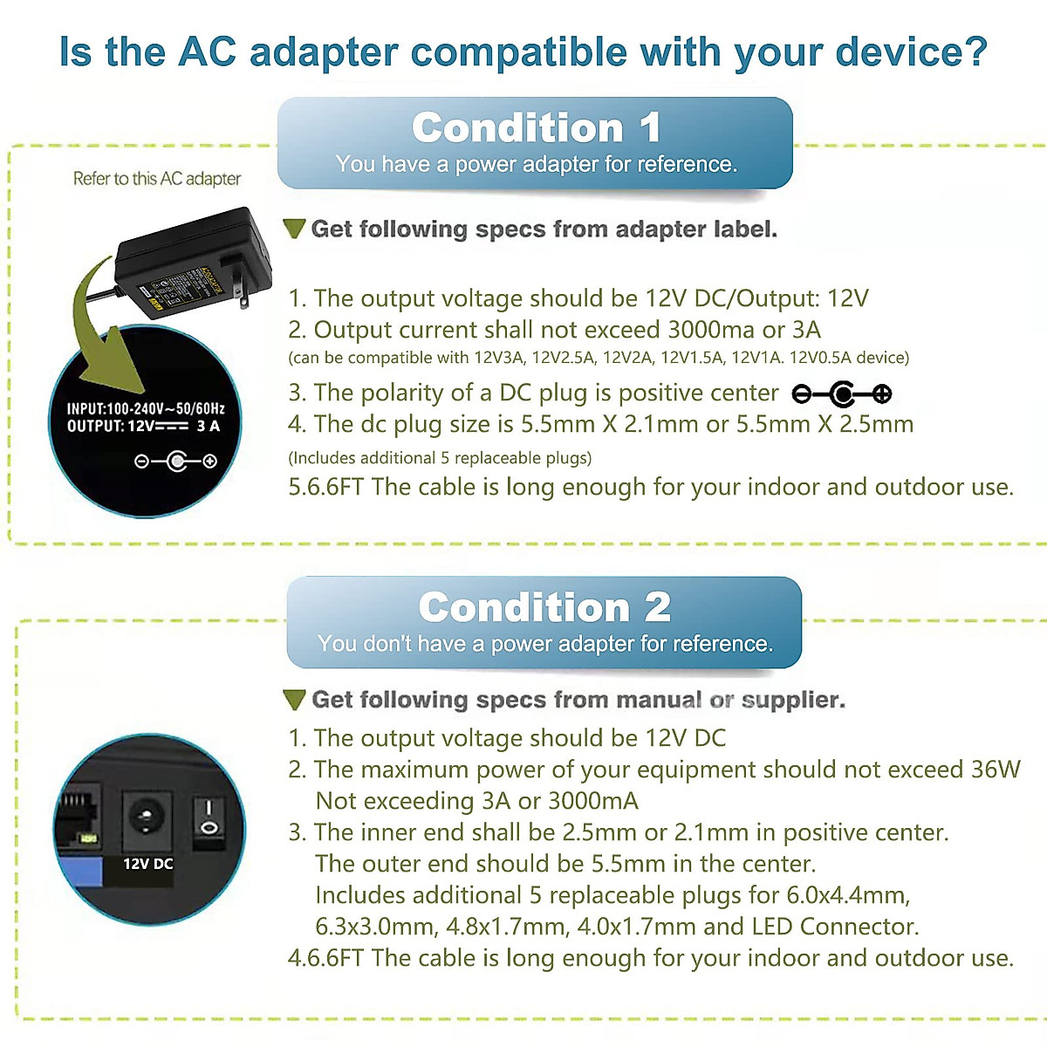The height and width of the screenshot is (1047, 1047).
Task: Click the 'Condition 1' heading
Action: click(535, 128)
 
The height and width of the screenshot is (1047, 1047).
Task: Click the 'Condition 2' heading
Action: click(544, 607)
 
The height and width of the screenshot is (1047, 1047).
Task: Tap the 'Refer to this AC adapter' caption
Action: click(157, 179)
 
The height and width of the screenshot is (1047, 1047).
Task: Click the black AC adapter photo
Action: click(188, 262)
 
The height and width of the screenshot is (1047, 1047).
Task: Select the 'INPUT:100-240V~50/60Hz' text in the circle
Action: click(146, 408)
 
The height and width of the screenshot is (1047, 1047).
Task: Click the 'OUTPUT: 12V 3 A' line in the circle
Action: click(144, 426)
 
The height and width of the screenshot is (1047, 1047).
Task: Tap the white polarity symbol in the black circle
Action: click(175, 461)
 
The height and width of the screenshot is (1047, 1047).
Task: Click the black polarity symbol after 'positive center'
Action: click(842, 394)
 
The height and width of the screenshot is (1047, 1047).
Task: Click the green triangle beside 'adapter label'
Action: click(295, 229)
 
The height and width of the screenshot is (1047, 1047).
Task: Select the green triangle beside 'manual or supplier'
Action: click(295, 700)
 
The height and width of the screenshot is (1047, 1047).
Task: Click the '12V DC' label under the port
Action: click(147, 864)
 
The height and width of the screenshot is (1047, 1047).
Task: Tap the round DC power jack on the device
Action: click(146, 818)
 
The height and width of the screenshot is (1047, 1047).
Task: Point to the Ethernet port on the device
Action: click(79, 816)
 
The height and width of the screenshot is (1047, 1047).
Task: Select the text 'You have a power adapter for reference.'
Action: click(536, 164)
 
